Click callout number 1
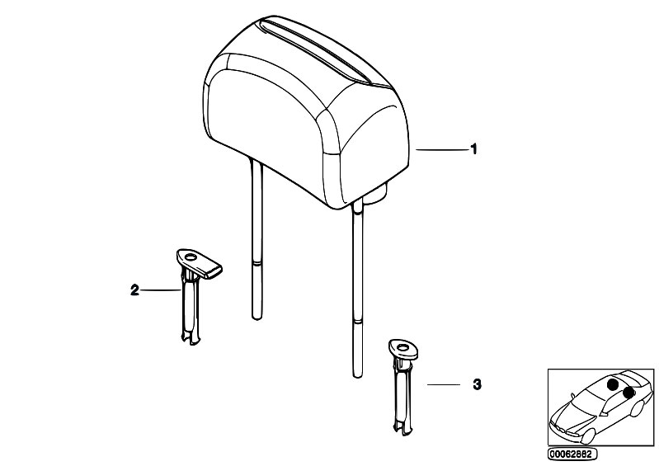(x=473, y=149)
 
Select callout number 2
(x=134, y=290)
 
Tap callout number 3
(x=477, y=384)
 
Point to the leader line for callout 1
(x=442, y=149)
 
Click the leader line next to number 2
(x=161, y=290)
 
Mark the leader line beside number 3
(x=444, y=384)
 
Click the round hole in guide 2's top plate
(x=191, y=258)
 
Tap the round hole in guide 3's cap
(x=403, y=347)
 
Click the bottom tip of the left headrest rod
(x=257, y=318)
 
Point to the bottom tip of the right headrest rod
(x=357, y=375)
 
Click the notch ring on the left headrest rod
(x=257, y=263)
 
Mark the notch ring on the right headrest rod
(x=357, y=322)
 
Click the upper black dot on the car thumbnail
(x=613, y=384)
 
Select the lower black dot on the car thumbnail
(x=628, y=393)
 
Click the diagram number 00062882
(x=572, y=454)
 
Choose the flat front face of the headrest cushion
(x=265, y=126)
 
